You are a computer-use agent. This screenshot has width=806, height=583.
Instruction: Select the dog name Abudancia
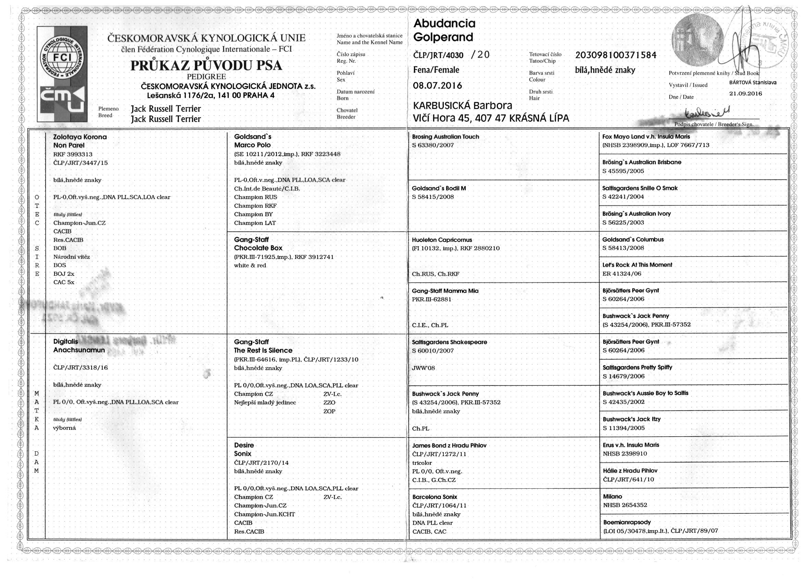[444, 23]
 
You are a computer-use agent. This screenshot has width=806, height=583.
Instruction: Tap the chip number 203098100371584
[615, 55]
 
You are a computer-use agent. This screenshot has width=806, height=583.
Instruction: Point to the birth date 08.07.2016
[437, 86]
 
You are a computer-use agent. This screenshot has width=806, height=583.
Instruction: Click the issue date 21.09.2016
[746, 94]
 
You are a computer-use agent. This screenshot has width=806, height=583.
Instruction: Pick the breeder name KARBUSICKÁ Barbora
[462, 106]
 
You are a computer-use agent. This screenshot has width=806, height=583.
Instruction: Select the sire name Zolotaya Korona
[80, 137]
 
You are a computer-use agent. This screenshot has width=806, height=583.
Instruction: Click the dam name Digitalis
[66, 342]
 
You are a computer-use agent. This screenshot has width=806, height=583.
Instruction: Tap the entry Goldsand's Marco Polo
[252, 141]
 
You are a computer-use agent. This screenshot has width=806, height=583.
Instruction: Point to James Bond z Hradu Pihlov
[449, 445]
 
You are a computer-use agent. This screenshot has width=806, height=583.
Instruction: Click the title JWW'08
[424, 368]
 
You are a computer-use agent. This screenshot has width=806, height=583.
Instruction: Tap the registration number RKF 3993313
[73, 154]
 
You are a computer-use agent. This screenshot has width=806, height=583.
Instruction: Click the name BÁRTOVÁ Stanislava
[752, 83]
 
